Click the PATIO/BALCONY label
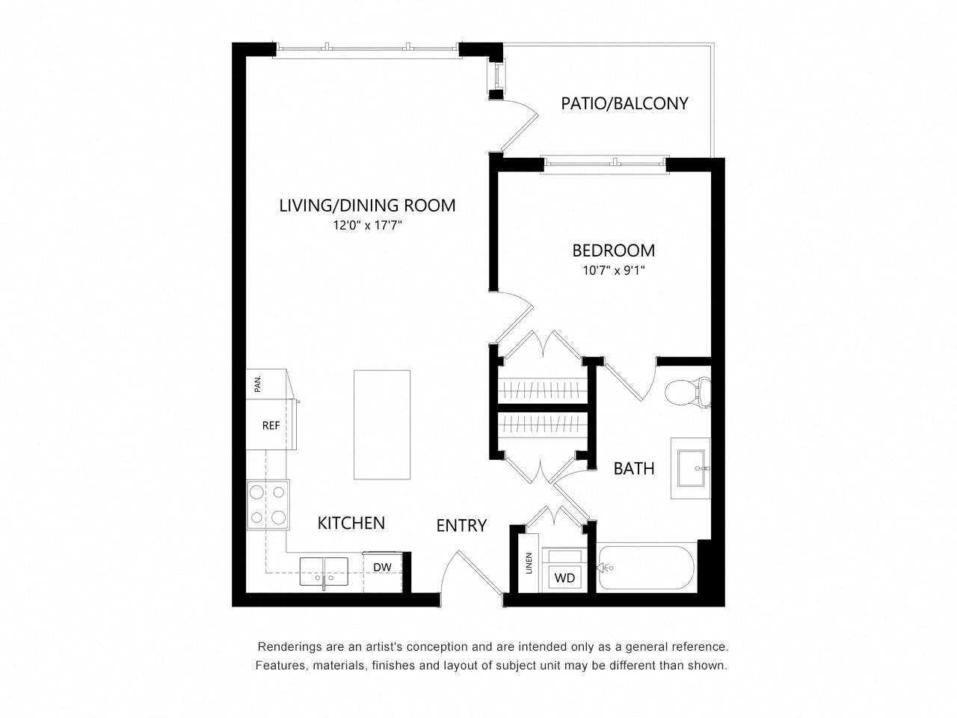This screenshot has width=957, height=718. pyautogui.click(x=624, y=104)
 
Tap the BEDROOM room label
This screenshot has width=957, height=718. pyautogui.click(x=613, y=251)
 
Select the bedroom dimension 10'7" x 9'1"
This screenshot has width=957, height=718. pyautogui.click(x=613, y=271)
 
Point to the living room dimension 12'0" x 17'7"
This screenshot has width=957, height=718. pyautogui.click(x=367, y=225)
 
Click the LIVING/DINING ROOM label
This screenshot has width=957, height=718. pyautogui.click(x=367, y=206)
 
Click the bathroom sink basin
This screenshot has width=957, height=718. pyautogui.click(x=691, y=468)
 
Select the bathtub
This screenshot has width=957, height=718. pyautogui.click(x=646, y=568)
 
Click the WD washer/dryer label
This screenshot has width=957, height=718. pyautogui.click(x=564, y=578)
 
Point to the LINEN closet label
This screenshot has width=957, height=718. pyautogui.click(x=529, y=563)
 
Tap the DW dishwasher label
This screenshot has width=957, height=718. pyautogui.click(x=382, y=568)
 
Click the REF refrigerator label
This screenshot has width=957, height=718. pyautogui.click(x=271, y=426)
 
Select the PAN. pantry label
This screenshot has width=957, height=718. pyautogui.click(x=258, y=384)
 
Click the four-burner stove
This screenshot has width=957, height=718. pyautogui.click(x=268, y=505)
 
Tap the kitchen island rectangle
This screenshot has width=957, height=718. pyautogui.click(x=382, y=425)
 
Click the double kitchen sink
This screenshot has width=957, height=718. pyautogui.click(x=324, y=571)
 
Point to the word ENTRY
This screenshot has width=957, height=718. pyautogui.click(x=461, y=526)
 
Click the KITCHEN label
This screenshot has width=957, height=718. pyautogui.click(x=351, y=523)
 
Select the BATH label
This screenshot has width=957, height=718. pyautogui.click(x=634, y=469)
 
